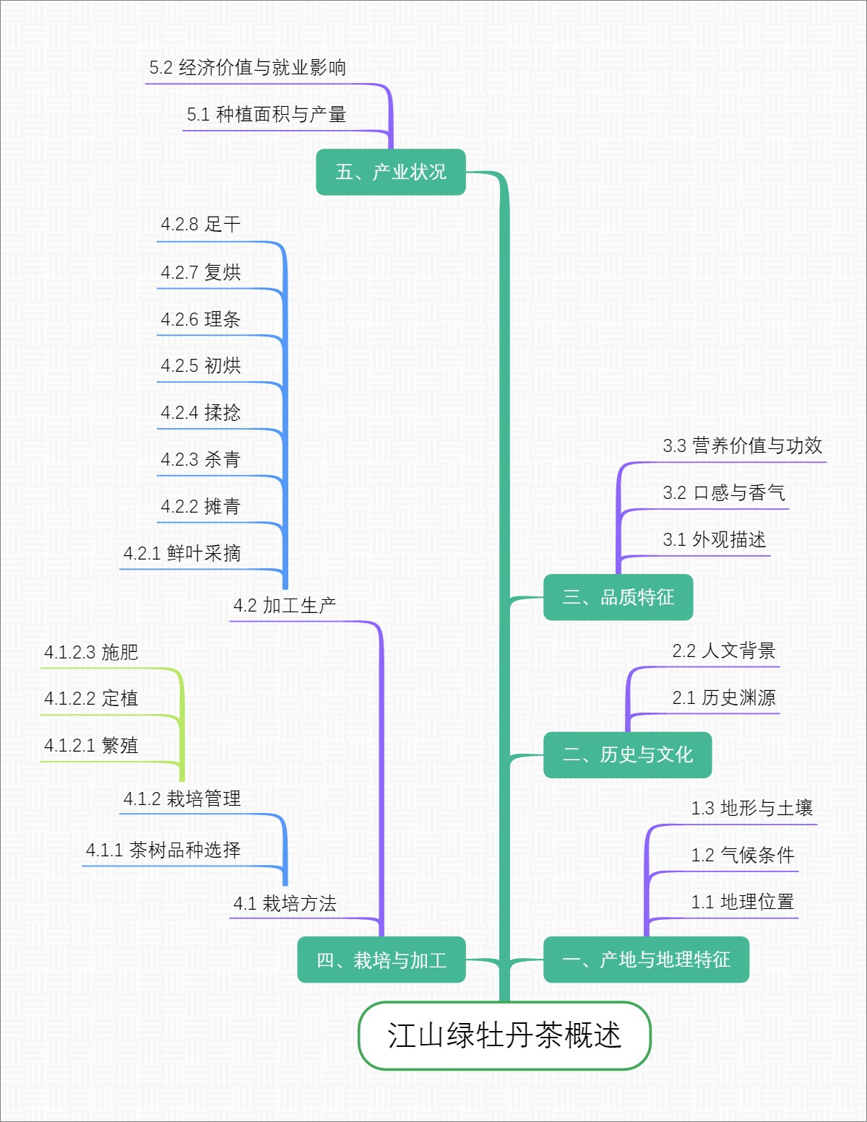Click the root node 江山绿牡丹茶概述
tap(504, 1035)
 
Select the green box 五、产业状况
tap(391, 172)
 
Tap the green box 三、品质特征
tap(618, 597)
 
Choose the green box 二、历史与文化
tap(627, 754)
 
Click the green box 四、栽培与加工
tap(381, 960)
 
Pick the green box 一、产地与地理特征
tap(646, 960)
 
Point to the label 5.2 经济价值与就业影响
tap(248, 68)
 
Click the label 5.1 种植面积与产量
tap(267, 114)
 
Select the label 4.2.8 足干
tap(201, 225)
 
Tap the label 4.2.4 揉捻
tap(201, 412)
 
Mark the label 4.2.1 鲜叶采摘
tap(182, 553)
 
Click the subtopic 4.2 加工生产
tap(285, 605)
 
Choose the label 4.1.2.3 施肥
tap(91, 652)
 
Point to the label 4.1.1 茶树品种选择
tap(163, 850)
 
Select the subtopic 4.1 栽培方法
tap(285, 903)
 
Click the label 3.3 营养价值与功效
tap(743, 445)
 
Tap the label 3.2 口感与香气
tap(724, 492)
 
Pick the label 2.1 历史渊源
tap(724, 697)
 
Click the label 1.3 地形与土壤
tap(752, 808)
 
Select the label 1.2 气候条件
tap(743, 855)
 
